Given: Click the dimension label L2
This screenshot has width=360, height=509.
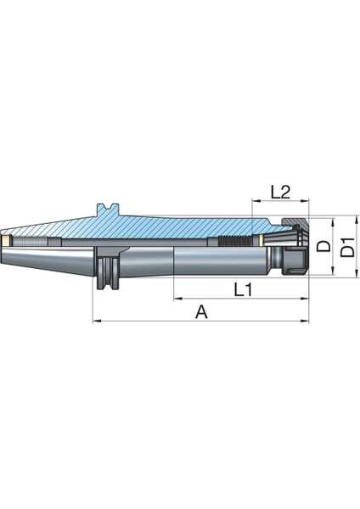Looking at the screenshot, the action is point(280,192).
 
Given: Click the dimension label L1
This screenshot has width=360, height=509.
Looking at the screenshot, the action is point(243,289).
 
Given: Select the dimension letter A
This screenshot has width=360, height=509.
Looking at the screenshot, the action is point(201,312).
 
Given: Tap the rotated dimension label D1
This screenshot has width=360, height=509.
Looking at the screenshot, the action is point(348,247).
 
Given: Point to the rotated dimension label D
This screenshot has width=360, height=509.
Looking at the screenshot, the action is point(323,246).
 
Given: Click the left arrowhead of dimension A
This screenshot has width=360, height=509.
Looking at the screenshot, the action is point(97,321).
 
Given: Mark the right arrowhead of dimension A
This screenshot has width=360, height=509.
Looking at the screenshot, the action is point(305,321).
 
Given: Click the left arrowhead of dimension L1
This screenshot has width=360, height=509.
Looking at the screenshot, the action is point(177,298).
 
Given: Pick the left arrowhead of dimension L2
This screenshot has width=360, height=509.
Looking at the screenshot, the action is point(256,201).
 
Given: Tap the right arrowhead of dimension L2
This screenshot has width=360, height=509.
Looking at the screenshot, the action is point(305,201).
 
